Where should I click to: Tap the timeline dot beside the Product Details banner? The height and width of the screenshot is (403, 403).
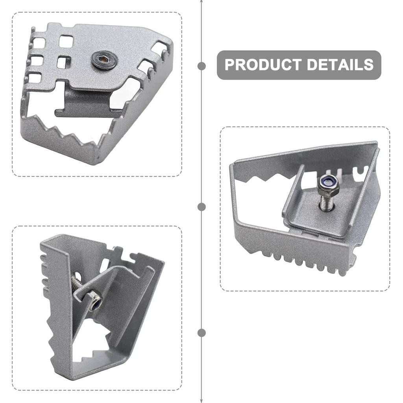point(201,66)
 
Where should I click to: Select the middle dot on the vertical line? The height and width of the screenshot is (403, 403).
point(201,207)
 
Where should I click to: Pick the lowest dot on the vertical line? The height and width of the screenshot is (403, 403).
point(201,333)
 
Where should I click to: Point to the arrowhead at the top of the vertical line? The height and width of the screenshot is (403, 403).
point(201,2)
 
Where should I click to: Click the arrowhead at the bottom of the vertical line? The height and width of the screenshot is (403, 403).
point(201,400)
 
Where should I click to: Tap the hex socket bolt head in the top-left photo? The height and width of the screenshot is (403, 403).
point(104,60)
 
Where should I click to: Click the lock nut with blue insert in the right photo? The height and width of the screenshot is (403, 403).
point(328,185)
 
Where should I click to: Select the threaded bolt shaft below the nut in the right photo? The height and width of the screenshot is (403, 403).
point(326,203)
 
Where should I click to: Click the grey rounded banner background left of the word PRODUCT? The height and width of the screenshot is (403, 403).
point(221,65)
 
